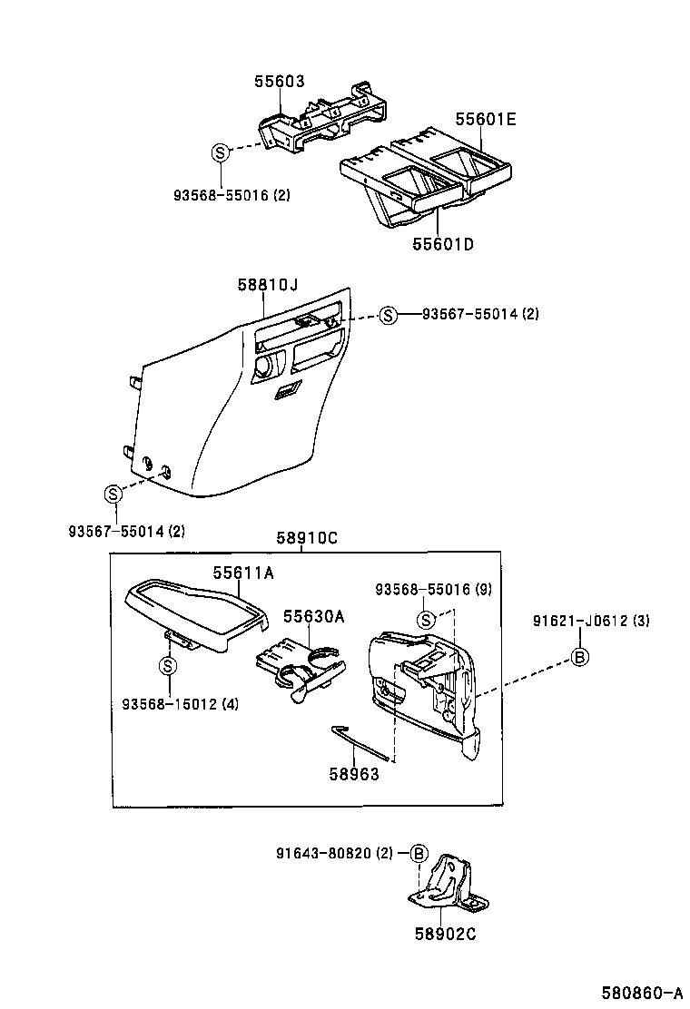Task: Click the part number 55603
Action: (x=279, y=82)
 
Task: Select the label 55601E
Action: (x=485, y=119)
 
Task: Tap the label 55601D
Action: (x=443, y=244)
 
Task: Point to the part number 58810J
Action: (x=268, y=285)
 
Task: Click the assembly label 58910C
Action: (x=307, y=538)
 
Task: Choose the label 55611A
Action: (x=243, y=573)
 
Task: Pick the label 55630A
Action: (x=313, y=616)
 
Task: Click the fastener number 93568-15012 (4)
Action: (x=180, y=704)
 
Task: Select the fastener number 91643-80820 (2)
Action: (x=334, y=853)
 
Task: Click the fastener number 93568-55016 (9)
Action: (x=433, y=590)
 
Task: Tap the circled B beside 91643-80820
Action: (x=418, y=853)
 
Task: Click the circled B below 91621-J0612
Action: (x=579, y=658)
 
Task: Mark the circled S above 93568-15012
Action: (x=168, y=666)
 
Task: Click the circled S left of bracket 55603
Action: (x=221, y=152)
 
